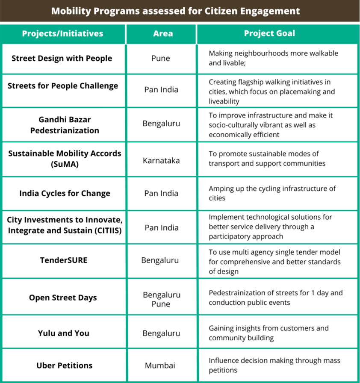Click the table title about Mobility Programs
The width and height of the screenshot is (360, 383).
tap(175, 11)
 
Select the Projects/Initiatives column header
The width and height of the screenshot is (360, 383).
tap(62, 34)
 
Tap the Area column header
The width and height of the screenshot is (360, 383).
tap(163, 34)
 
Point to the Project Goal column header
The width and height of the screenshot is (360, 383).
tap(269, 34)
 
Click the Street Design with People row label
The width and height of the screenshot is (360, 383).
tap(62, 58)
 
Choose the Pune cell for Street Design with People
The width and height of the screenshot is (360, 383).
tap(161, 58)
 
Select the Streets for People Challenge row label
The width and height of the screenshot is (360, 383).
tap(63, 85)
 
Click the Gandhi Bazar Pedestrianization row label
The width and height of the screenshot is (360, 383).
tap(65, 124)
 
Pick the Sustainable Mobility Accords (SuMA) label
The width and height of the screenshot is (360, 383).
tap(65, 159)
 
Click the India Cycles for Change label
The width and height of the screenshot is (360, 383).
tap(65, 193)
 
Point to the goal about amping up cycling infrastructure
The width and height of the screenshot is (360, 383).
tap(272, 193)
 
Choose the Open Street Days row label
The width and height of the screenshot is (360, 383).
tap(63, 298)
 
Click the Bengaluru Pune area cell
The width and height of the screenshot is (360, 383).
tap(161, 299)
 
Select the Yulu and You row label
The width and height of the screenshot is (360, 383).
tap(63, 333)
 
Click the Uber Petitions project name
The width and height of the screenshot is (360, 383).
tap(65, 365)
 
